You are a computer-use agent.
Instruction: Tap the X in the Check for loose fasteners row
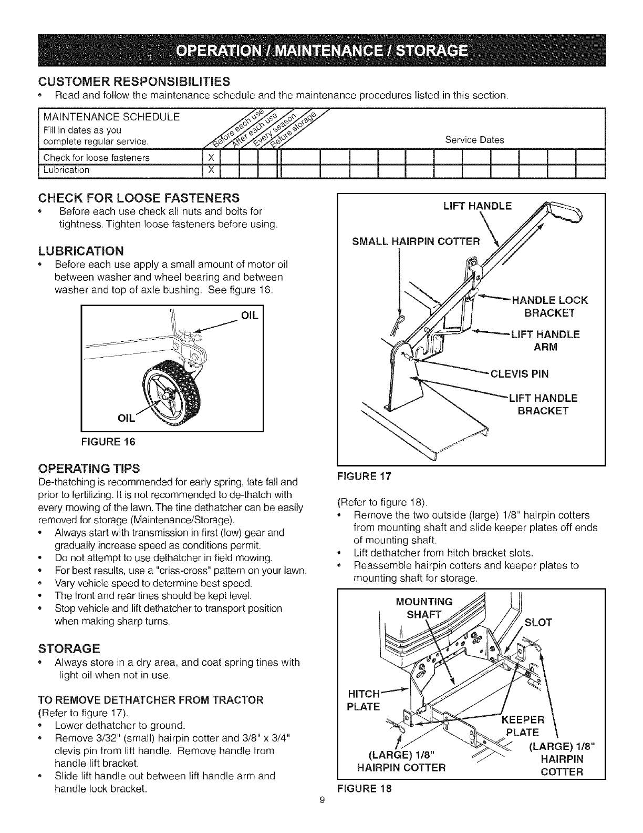[x=211, y=158]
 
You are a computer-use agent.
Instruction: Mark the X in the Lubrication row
[x=211, y=170]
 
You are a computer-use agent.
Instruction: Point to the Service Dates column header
[x=474, y=140]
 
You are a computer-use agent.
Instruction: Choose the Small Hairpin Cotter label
[x=416, y=241]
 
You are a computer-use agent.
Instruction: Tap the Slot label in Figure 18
[x=538, y=623]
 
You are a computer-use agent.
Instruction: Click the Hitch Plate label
[x=364, y=699]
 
